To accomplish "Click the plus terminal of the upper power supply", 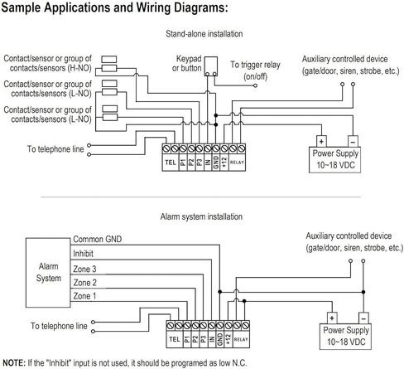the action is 321,141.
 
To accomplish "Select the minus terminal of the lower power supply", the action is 363,318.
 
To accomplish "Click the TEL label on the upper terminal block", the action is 171,163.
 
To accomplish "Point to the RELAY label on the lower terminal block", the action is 241,339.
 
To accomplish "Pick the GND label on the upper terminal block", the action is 216,162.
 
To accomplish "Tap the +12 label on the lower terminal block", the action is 228,339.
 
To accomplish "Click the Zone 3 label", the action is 84,269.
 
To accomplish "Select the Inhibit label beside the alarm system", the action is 83,254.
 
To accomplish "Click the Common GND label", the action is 97,239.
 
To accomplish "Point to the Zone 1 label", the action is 84,296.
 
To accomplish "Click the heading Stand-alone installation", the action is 204,34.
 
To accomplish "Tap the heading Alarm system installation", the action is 201,216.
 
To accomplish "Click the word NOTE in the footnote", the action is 14,362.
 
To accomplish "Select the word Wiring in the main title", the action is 153,7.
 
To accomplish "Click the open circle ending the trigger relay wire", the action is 255,85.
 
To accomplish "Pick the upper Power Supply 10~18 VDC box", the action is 334,160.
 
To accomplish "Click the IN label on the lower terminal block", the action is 212,339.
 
